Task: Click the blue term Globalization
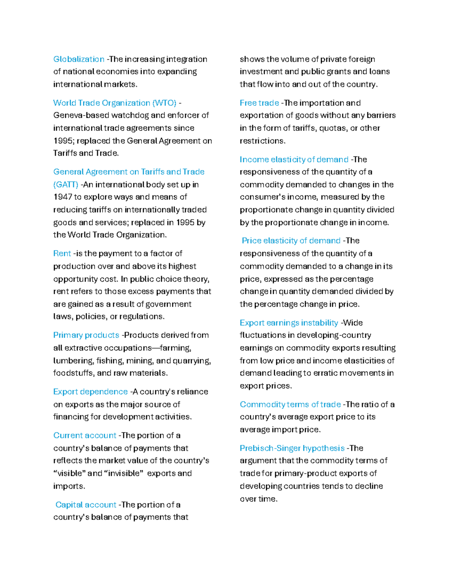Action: coord(79,59)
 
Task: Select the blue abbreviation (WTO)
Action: coord(164,103)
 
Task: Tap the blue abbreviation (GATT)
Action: coord(66,184)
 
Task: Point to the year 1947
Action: coord(63,197)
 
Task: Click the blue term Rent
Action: coord(62,253)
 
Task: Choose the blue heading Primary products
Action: coord(86,335)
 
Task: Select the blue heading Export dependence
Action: coord(90,392)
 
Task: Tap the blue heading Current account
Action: coord(85,435)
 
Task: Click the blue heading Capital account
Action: coord(86,505)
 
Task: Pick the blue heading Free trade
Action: coord(259,103)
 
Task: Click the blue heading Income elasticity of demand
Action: coord(294,160)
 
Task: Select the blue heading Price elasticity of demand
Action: coord(291,241)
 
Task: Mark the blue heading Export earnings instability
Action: coord(289,323)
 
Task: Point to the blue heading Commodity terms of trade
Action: coord(290,404)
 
